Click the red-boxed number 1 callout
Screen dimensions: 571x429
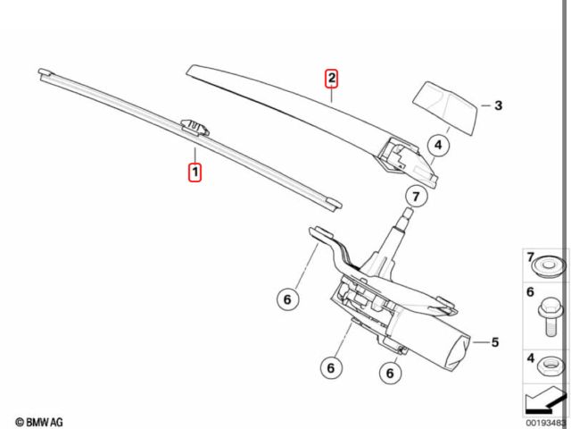coord(194,172)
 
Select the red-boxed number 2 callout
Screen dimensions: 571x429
coord(331,78)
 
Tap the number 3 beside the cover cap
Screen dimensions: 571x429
coord(498,105)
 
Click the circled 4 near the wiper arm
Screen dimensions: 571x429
coord(438,145)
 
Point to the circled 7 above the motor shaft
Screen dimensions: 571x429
coord(416,197)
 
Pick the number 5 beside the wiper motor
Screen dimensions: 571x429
coord(495,342)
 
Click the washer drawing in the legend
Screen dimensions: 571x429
coord(550,266)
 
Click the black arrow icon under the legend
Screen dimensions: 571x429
coord(545,400)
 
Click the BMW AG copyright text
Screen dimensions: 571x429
coord(39,422)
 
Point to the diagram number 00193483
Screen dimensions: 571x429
coord(546,423)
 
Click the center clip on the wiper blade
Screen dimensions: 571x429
coord(194,127)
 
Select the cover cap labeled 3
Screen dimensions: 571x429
coord(446,107)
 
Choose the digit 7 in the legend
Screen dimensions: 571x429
coord(531,257)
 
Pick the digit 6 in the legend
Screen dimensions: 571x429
coord(530,292)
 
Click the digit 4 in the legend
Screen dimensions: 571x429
coord(531,358)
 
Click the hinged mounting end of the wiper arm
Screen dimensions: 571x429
coord(406,161)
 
